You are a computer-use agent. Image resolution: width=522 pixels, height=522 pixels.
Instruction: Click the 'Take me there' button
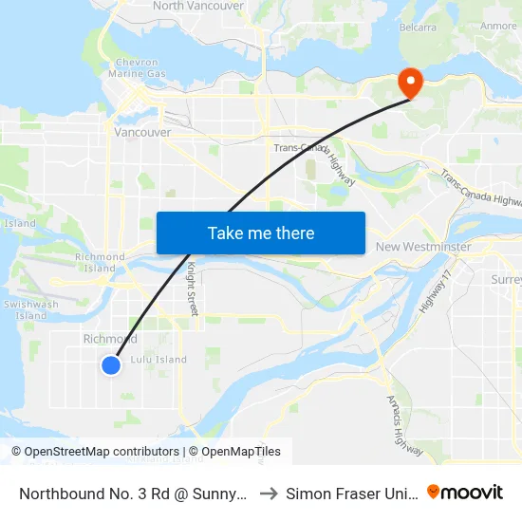click(261, 233)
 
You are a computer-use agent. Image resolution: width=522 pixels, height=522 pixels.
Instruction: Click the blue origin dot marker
click(111, 364)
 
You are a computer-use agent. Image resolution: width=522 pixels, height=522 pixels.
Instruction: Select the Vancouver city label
click(142, 133)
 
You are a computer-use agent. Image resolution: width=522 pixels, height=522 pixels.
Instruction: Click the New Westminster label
click(423, 247)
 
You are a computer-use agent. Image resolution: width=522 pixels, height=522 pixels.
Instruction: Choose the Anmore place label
click(498, 27)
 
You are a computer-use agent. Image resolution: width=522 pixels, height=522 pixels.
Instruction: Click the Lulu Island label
click(158, 360)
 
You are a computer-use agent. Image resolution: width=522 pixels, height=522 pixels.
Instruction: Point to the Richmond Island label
click(101, 263)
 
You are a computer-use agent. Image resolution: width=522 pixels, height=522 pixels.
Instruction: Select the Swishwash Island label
click(30, 309)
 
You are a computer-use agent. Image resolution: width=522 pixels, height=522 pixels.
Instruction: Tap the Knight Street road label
click(192, 289)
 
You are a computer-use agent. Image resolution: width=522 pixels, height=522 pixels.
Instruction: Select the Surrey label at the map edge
click(506, 280)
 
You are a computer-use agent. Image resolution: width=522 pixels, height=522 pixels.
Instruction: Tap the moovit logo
click(465, 492)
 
